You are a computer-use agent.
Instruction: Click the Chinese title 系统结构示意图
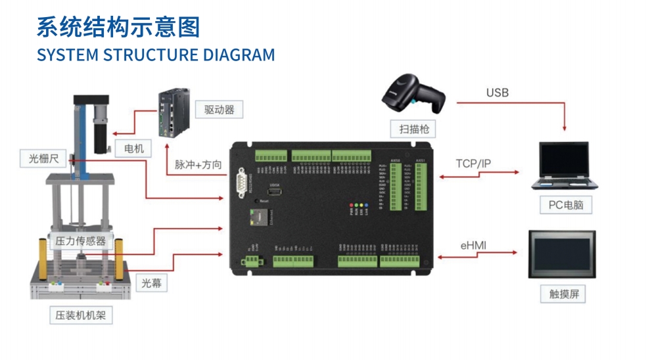(118, 27)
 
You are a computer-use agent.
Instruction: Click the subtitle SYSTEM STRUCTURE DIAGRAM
(156, 55)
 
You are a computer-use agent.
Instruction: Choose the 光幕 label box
(151, 284)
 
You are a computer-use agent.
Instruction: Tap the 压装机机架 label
(81, 315)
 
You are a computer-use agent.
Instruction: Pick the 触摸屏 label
(563, 293)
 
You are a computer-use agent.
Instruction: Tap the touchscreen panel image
(561, 254)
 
